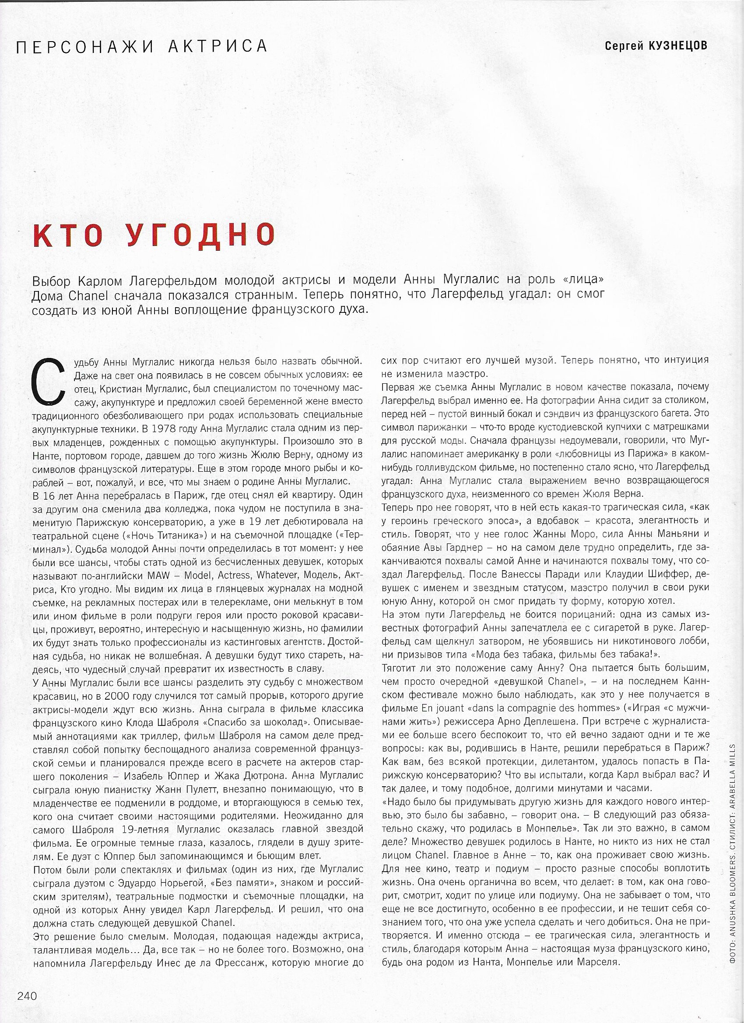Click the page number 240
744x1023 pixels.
pos(27,1005)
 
